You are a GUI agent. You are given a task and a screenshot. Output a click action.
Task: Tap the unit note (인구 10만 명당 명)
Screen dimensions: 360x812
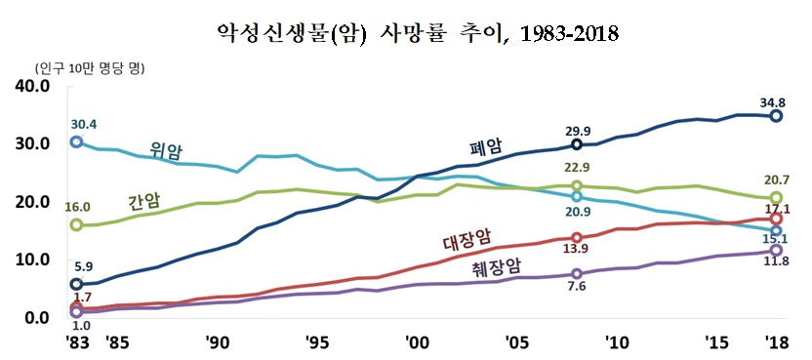89,68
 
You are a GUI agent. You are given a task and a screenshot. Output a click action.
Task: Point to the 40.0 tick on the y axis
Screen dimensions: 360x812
31,86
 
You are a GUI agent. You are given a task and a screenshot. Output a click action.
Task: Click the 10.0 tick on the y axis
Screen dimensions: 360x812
31,260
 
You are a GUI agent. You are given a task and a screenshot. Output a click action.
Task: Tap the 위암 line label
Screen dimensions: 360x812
167,150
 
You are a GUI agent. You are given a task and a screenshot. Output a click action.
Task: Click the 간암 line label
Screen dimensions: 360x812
145,202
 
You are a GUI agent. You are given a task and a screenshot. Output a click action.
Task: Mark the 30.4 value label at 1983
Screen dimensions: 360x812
85,124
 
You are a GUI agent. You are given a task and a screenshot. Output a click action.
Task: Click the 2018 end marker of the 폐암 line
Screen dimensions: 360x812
776,115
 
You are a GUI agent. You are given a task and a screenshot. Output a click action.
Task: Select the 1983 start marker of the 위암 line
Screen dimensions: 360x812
75,141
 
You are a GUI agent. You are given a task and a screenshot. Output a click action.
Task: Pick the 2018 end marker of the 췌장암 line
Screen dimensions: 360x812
776,250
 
